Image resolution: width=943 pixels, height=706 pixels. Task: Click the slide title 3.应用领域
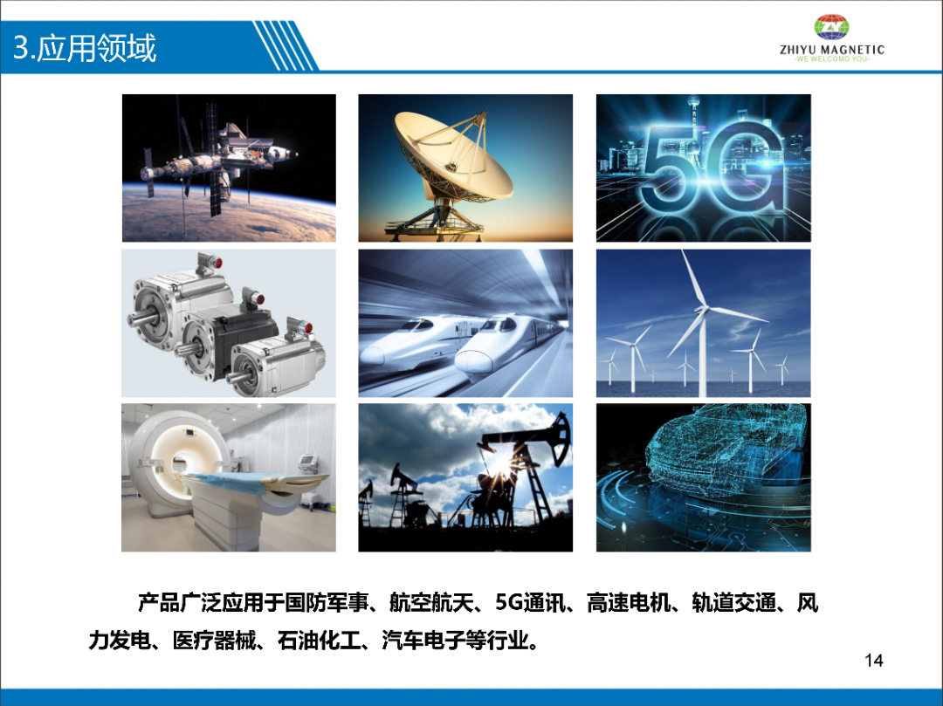tap(85, 48)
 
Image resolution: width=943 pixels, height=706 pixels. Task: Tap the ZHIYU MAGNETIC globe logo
tap(832, 27)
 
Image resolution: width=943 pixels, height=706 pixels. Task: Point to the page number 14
tap(874, 661)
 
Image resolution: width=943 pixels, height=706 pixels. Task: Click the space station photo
tap(229, 168)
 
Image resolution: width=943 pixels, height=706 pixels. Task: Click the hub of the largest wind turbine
tap(701, 310)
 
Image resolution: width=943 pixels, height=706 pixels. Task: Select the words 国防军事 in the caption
tap(326, 603)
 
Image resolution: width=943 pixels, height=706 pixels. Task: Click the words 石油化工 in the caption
tap(319, 641)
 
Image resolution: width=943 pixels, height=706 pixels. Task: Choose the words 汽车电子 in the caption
tap(423, 641)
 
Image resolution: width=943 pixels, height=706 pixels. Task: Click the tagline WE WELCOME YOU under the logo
tap(832, 58)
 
